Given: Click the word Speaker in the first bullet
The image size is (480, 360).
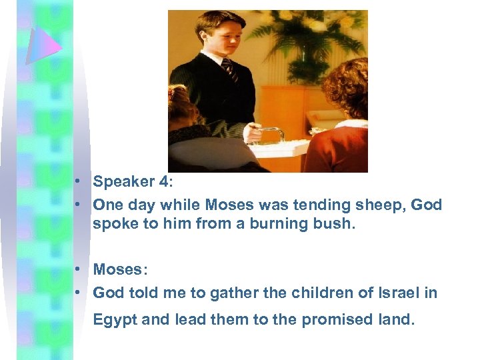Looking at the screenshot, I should [121, 182].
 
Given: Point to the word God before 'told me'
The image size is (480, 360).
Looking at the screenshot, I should [109, 293].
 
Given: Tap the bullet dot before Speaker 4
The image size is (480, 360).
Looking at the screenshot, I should [79, 182].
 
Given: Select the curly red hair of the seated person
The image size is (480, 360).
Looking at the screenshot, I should [347, 86].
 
